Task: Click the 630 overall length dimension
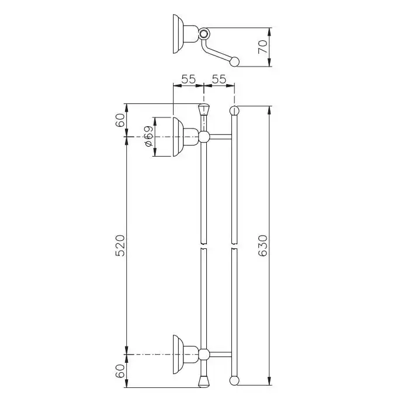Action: coord(264,245)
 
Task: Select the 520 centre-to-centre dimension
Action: coord(120,245)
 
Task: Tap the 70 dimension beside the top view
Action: coord(263,47)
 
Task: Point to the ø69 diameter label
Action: coord(148,136)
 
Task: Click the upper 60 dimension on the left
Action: coord(120,120)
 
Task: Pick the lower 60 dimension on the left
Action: coord(120,371)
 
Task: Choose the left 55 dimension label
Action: coord(188,79)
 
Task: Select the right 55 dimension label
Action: coord(219,79)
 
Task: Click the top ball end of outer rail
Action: coord(234,110)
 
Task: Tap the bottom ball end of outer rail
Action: coord(234,380)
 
